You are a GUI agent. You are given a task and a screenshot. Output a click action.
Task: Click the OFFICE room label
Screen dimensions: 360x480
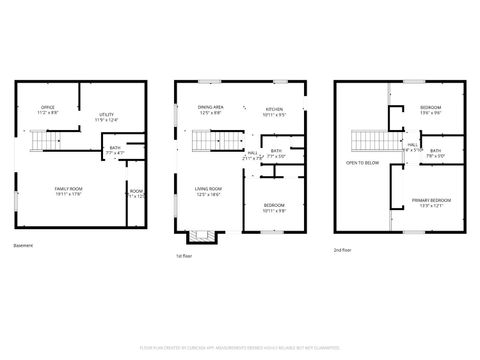click(x=47, y=108)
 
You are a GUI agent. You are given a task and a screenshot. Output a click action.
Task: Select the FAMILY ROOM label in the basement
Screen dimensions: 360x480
click(x=68, y=191)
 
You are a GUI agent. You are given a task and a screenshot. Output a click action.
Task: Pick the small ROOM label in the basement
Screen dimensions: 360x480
click(x=136, y=194)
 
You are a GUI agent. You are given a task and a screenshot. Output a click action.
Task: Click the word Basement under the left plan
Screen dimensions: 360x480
click(x=23, y=245)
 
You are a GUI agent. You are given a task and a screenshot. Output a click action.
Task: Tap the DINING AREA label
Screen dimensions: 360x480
click(x=210, y=109)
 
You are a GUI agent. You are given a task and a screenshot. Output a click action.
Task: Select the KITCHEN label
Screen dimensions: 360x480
click(x=274, y=111)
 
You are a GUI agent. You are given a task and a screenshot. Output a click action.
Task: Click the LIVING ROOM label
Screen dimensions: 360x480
click(x=208, y=191)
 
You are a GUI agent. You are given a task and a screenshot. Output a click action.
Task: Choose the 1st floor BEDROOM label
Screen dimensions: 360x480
click(x=274, y=208)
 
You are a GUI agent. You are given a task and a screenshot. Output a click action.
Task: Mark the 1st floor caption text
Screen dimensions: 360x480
click(x=183, y=255)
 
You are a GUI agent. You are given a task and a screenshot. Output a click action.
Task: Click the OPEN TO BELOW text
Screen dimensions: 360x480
click(x=362, y=162)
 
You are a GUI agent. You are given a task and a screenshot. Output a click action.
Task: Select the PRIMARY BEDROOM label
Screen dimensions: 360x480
click(x=431, y=203)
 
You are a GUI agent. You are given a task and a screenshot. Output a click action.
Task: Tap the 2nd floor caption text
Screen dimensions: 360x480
click(x=344, y=250)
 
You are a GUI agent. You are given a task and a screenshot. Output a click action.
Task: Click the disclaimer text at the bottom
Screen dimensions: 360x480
click(x=240, y=348)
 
